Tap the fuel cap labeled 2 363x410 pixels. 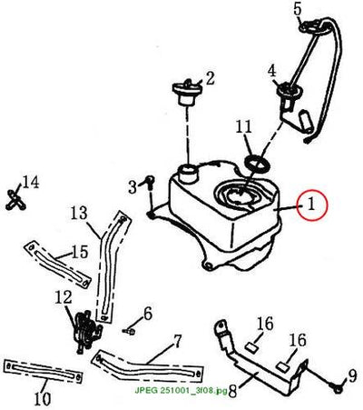coord(187,93)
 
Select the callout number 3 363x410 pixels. coord(132,188)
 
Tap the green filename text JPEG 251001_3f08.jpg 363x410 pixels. coord(181,391)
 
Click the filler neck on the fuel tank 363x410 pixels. coord(188,173)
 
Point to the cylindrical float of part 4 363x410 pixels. coord(305,122)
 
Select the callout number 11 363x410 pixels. coord(244,126)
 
